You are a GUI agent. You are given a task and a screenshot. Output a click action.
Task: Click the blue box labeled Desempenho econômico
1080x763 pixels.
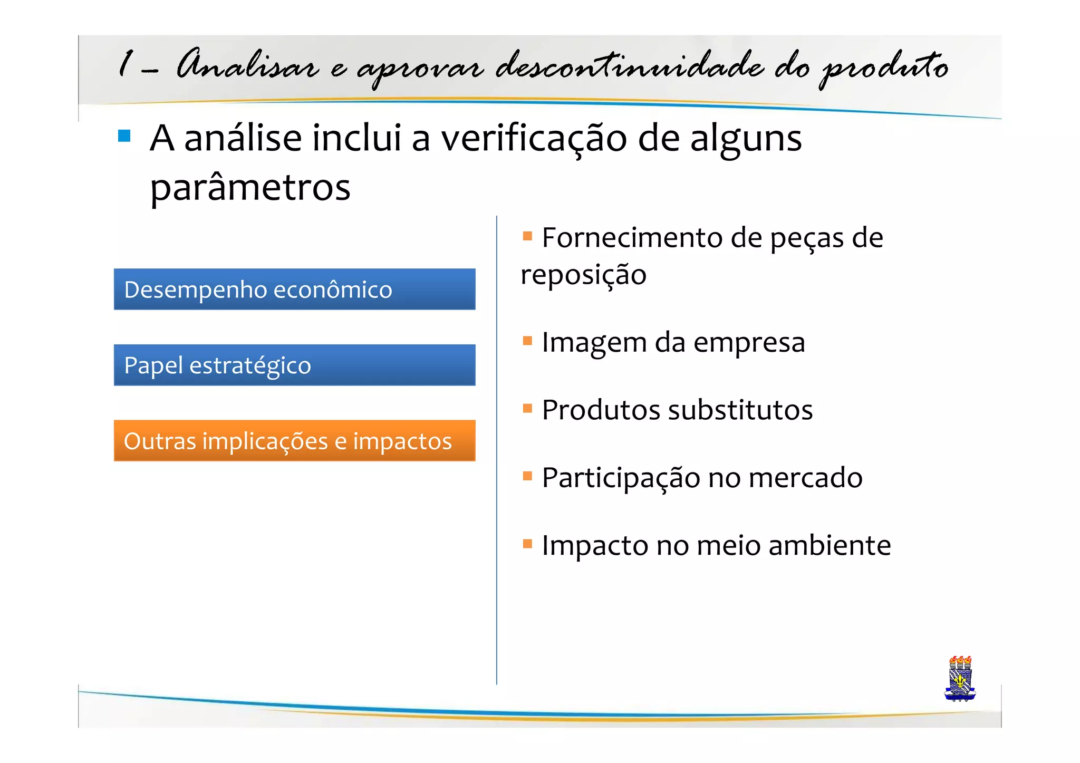pos(294,289)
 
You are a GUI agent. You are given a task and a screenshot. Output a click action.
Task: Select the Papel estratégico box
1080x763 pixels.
pos(294,365)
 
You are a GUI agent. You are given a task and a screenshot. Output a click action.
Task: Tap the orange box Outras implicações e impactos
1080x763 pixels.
pos(294,440)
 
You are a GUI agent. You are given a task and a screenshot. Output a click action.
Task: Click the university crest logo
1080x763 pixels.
pos(960,679)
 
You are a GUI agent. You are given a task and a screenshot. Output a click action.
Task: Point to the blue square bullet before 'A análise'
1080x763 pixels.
pos(124,136)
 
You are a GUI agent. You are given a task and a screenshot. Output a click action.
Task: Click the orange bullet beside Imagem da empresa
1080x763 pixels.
pos(527,340)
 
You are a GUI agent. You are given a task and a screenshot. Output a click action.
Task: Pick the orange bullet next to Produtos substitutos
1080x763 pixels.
pos(527,408)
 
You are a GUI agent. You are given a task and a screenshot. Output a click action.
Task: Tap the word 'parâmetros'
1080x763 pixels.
pos(250,187)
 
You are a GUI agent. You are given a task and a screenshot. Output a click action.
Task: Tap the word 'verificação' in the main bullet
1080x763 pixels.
pos(534,139)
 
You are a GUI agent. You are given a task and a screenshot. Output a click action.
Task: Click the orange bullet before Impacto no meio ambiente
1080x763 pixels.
pos(527,543)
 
